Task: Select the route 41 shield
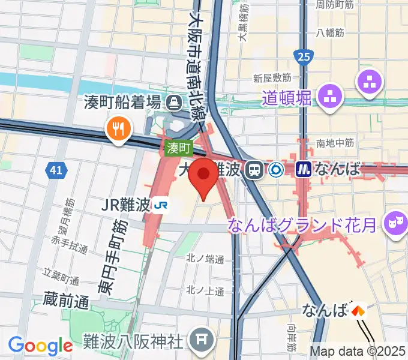[56, 170]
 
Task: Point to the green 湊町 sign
[178, 148]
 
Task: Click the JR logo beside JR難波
[160, 206]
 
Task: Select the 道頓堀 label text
[287, 97]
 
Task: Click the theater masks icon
[395, 222]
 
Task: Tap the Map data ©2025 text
[358, 351]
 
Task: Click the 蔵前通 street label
[66, 298]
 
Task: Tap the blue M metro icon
[305, 170]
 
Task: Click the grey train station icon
[256, 170]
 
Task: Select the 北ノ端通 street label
[205, 260]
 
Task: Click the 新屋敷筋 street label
[272, 78]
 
